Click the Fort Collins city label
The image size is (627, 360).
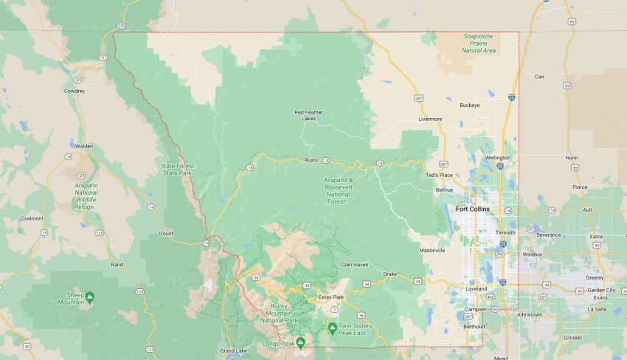[472, 209]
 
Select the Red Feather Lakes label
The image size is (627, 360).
[309, 114]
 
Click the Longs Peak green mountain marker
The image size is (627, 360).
[300, 342]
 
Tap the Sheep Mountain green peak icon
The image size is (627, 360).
[89, 297]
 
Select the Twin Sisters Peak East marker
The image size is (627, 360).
[333, 327]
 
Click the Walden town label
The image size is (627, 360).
[84, 146]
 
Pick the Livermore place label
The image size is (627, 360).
[430, 119]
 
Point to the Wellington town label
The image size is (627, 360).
[497, 157]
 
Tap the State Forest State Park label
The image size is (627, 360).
[177, 168]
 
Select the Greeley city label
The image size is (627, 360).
[595, 278]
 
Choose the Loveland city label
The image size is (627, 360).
[477, 288]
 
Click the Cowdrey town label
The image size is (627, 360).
[75, 91]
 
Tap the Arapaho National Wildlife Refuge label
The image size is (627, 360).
[86, 193]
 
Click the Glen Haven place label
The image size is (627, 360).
[354, 264]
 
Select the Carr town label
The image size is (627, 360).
[539, 76]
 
